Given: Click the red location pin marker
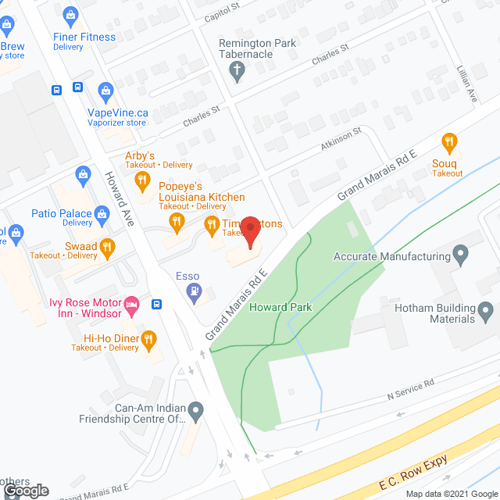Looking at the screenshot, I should tap(250, 230).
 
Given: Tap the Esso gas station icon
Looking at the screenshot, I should tap(195, 293).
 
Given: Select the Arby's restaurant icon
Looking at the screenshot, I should tap(141, 182).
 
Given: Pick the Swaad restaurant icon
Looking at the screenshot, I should tap(108, 247).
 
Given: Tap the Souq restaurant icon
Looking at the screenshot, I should tap(449, 143).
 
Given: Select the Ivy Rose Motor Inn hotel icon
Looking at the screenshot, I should tap(132, 302).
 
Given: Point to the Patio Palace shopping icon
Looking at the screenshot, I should tap(102, 212).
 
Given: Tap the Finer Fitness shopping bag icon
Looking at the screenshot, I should tap(72, 15).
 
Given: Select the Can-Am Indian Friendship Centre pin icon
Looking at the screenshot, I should tap(196, 409).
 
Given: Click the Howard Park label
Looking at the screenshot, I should tap(280, 307).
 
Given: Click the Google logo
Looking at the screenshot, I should tap(25, 491).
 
